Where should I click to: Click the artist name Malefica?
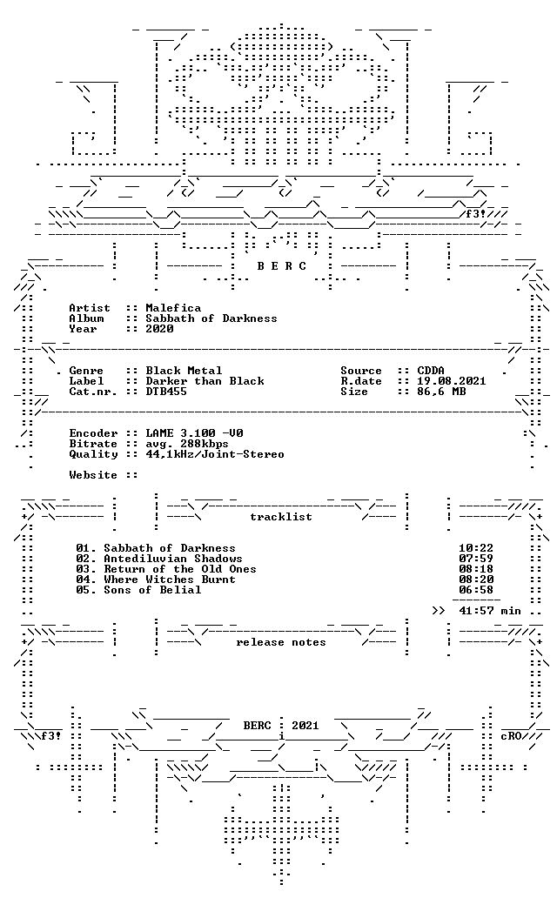click(x=173, y=308)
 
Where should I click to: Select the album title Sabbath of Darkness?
click(x=211, y=318)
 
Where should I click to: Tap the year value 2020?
click(x=159, y=329)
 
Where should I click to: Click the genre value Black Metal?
click(x=184, y=371)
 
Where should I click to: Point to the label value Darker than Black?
click(x=205, y=381)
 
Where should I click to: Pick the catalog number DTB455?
click(x=166, y=392)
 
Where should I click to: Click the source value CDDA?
click(x=431, y=371)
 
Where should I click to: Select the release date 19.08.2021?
click(x=452, y=381)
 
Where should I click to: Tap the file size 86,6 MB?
click(x=441, y=392)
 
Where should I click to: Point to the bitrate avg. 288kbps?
click(x=187, y=444)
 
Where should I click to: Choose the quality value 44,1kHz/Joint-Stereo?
click(x=215, y=454)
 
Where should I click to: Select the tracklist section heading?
click(x=281, y=517)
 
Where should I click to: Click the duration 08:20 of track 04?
click(x=476, y=579)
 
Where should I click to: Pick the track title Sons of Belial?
click(x=152, y=590)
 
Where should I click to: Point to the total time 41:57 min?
click(x=490, y=611)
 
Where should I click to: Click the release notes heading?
click(x=281, y=642)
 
